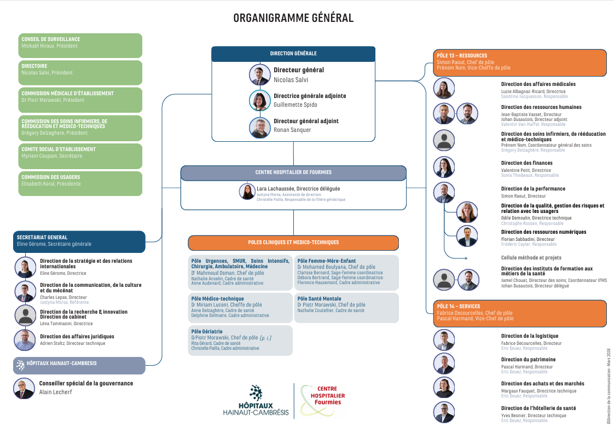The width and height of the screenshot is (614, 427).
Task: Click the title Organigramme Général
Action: click(293, 18)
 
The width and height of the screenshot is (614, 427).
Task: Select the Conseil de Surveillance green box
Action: click(80, 45)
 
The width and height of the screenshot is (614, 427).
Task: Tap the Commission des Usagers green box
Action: click(80, 183)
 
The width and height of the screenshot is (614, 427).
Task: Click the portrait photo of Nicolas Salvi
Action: click(260, 74)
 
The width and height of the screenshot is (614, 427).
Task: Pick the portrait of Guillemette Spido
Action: click(260, 100)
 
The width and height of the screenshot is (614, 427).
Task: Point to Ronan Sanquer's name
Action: click(292, 130)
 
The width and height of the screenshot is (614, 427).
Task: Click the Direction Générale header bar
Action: click(293, 54)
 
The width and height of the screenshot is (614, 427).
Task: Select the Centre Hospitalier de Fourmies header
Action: click(293, 172)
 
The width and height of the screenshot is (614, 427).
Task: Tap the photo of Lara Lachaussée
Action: click(247, 192)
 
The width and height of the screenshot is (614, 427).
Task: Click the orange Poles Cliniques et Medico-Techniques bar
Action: click(293, 243)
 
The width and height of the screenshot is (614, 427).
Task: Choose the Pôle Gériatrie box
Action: click(240, 340)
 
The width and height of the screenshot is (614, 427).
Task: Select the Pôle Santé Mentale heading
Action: click(320, 299)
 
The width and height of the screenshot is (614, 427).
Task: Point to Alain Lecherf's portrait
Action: click(24, 388)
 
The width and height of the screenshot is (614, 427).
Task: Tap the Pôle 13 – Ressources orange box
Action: click(519, 61)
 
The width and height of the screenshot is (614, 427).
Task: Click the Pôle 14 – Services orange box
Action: click(519, 312)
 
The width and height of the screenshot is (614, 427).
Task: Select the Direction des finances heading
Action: click(526, 163)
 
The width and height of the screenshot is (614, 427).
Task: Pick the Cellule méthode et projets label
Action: click(531, 258)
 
